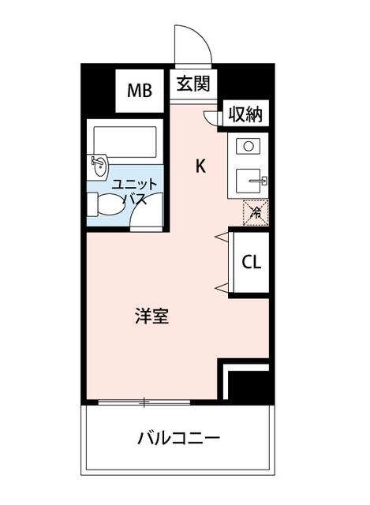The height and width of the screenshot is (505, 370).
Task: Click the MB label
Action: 140,89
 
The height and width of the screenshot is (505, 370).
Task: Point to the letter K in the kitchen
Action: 201,166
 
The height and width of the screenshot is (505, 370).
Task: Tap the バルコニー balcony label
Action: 178,438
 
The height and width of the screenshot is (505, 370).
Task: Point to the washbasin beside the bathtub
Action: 99,166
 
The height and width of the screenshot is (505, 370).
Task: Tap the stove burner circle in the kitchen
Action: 248,146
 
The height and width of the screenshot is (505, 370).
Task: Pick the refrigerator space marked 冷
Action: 255,211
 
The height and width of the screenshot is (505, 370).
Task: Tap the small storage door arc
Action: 210,117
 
